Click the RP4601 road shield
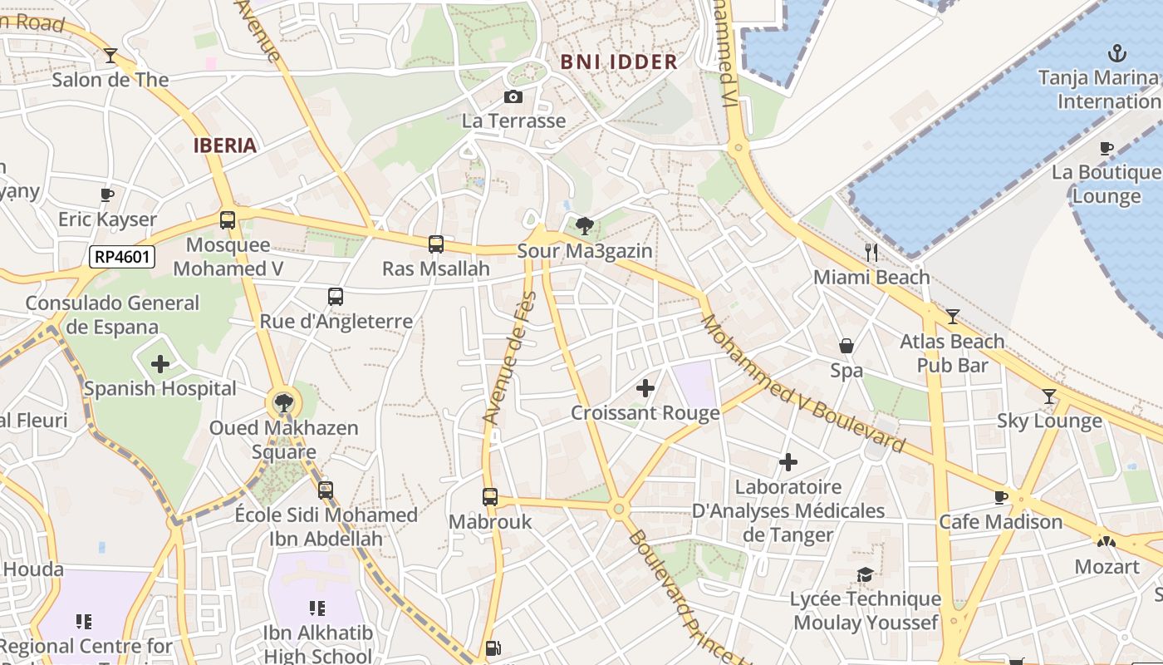click(122, 257)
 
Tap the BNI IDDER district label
click(619, 62)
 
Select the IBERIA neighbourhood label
click(225, 145)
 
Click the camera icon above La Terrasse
click(513, 97)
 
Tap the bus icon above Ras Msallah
click(436, 244)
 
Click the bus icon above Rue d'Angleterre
click(336, 297)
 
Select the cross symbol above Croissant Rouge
click(645, 388)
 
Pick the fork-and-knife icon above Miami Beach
click(871, 253)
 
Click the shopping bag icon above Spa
click(846, 346)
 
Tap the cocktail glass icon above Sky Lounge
click(1049, 397)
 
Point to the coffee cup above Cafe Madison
click(1001, 498)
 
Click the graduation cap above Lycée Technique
click(865, 575)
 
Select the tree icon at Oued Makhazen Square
click(284, 404)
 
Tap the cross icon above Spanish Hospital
click(160, 364)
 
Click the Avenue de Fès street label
click(508, 357)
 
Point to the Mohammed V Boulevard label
click(802, 384)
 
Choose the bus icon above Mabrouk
click(490, 497)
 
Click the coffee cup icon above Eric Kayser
click(107, 195)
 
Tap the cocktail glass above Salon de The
click(110, 56)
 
